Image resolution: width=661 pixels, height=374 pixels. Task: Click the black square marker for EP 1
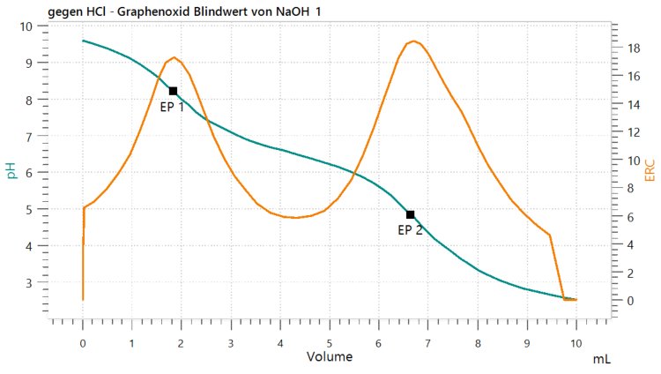pyautogui.click(x=174, y=91)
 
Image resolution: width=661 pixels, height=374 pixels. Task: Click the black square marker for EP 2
pyautogui.click(x=411, y=214)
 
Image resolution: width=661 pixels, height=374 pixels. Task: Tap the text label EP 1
pyautogui.click(x=172, y=107)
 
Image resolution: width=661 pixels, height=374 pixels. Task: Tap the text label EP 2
pyautogui.click(x=410, y=230)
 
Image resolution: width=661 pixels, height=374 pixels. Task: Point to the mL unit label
pyautogui.click(x=600, y=360)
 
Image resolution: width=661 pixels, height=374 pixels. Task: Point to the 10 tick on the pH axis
pyautogui.click(x=26, y=26)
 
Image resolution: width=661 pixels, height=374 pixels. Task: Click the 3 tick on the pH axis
pyautogui.click(x=29, y=283)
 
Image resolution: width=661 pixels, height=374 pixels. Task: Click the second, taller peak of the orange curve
pyautogui.click(x=413, y=41)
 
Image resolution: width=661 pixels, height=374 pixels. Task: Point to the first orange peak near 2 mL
pyautogui.click(x=175, y=57)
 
